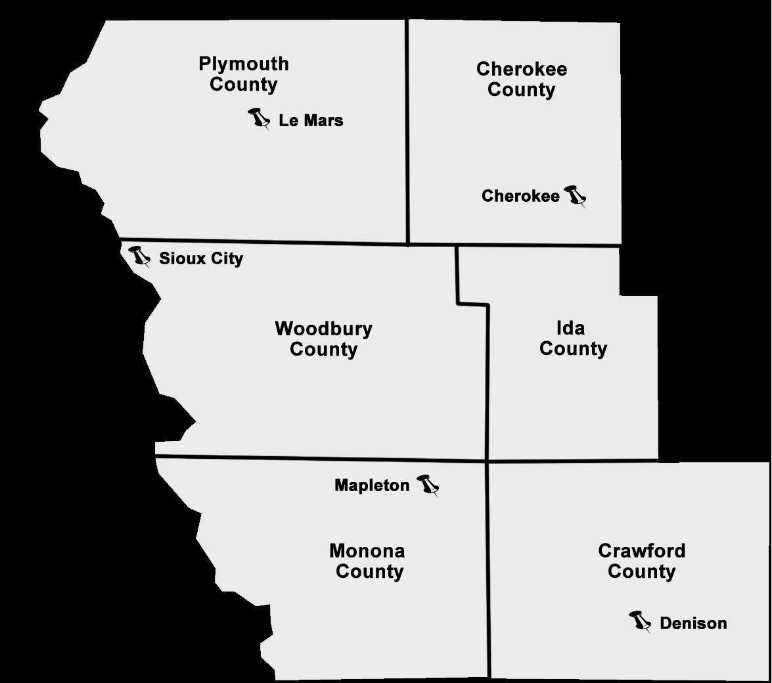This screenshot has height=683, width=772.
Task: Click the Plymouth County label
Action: pos(244,74)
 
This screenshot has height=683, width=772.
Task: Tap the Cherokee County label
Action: pos(522,80)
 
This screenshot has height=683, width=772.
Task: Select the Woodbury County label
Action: pos(323,339)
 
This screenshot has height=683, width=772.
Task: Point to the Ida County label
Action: pos(573,338)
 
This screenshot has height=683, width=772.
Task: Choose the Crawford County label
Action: pos(641,561)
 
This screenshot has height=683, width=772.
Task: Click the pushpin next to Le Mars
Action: pos(259,118)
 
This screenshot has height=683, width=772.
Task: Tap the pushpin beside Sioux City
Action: pos(139,255)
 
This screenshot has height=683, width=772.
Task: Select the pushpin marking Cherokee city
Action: pos(575,195)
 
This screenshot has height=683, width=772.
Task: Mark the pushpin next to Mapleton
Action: pos(428,484)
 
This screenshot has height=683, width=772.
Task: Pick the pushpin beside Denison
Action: pos(639,620)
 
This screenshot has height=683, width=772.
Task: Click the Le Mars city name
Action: pos(311,121)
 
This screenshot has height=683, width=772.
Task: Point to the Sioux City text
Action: pos(201,259)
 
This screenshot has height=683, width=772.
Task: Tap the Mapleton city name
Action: pos(372,486)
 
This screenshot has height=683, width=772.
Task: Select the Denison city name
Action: pos(693,623)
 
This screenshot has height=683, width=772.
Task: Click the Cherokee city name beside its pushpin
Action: pos(520,196)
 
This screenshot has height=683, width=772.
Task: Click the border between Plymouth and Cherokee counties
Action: pos(408,131)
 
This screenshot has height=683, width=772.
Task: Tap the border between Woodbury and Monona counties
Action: pos(322,458)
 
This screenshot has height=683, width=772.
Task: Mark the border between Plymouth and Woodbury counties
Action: pos(263,241)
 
